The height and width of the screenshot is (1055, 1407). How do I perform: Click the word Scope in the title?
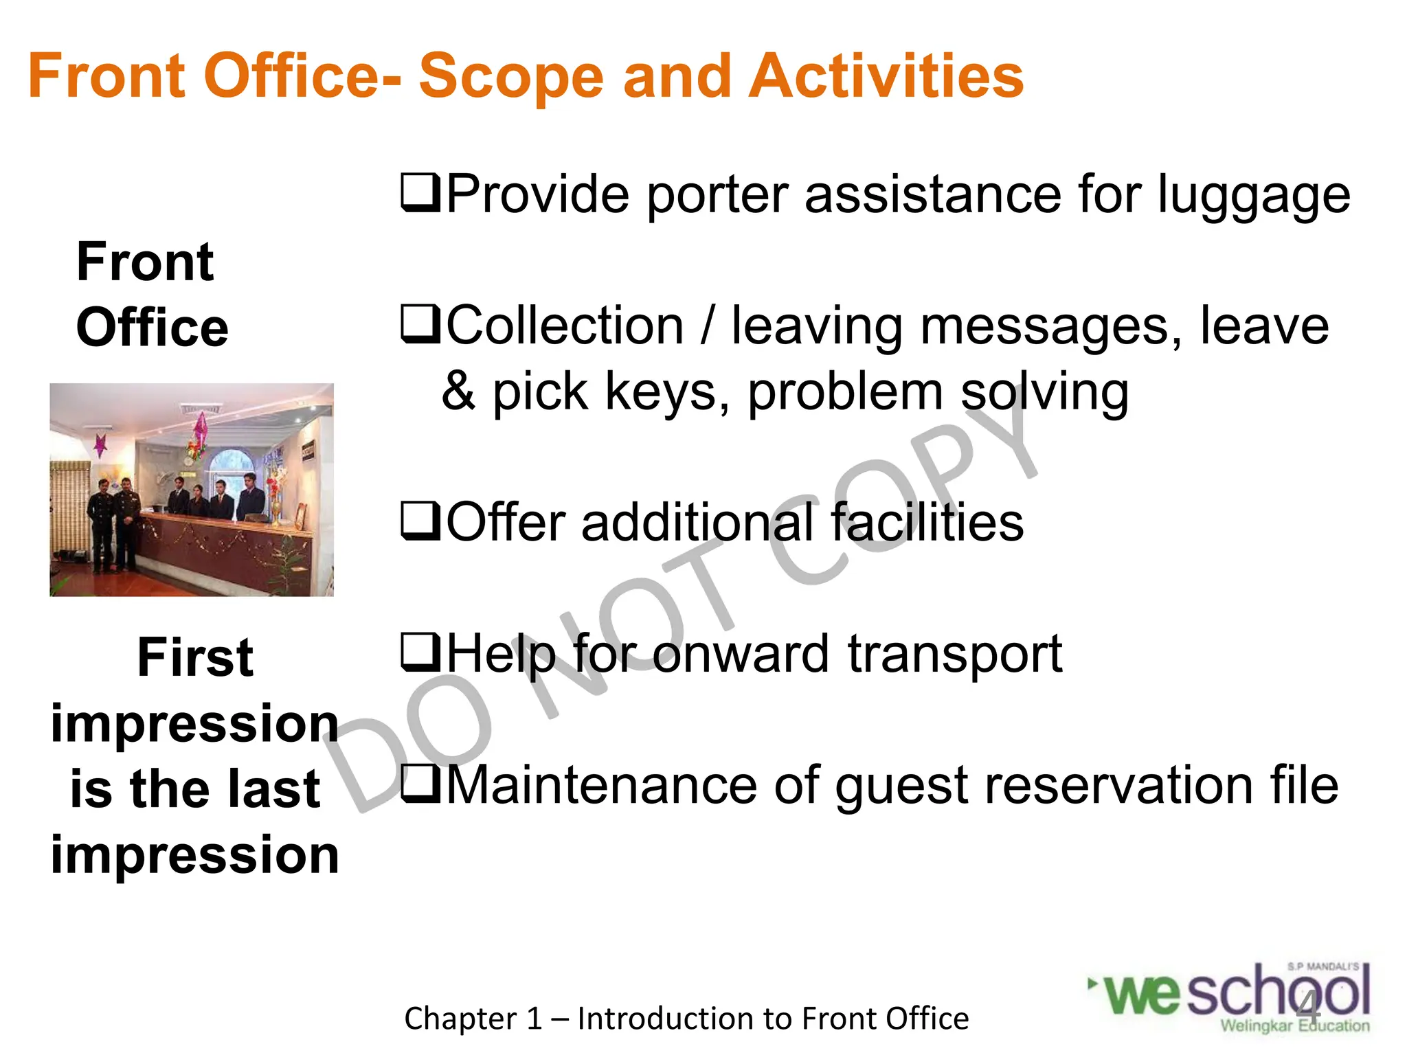point(511,77)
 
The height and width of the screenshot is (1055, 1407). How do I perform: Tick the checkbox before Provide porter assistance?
point(420,194)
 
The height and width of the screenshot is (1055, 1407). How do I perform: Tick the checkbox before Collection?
point(420,324)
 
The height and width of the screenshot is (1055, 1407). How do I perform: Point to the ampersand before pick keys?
point(459,392)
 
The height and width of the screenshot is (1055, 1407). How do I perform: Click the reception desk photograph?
point(192,490)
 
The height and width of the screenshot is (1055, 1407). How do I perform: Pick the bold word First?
point(195,658)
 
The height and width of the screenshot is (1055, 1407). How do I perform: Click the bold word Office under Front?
point(152,328)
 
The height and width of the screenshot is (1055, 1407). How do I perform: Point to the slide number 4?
point(1308,1007)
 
